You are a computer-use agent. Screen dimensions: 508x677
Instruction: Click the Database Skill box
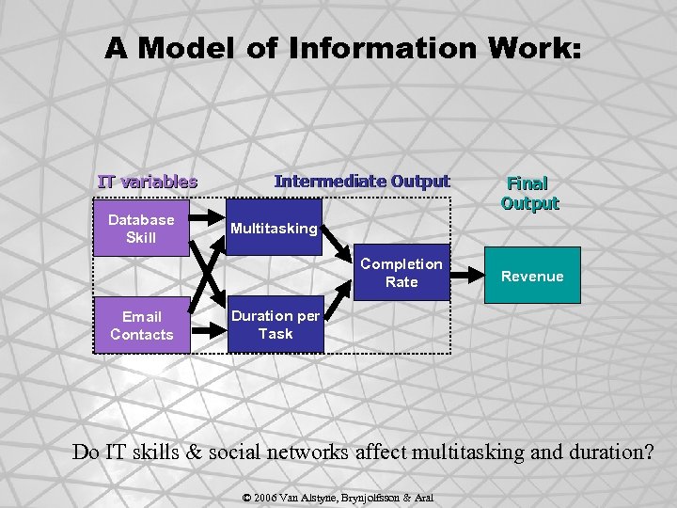pyautogui.click(x=141, y=229)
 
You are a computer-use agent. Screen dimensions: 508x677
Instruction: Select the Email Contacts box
pyautogui.click(x=141, y=325)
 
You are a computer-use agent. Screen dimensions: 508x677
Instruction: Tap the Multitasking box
pyautogui.click(x=274, y=229)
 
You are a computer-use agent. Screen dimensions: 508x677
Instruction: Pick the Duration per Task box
pyautogui.click(x=276, y=325)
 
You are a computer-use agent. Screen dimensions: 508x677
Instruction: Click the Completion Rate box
pyautogui.click(x=401, y=274)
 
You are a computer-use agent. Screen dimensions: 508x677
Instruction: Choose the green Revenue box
pyautogui.click(x=532, y=276)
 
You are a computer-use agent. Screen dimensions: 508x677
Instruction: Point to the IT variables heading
pyautogui.click(x=148, y=182)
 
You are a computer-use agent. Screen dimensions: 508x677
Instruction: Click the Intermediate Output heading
pyautogui.click(x=362, y=181)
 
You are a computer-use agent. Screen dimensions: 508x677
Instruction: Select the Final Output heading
pyautogui.click(x=529, y=193)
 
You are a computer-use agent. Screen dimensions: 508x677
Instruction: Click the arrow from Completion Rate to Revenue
pyautogui.click(x=465, y=275)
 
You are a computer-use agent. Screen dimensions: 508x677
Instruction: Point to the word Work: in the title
pyautogui.click(x=526, y=49)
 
